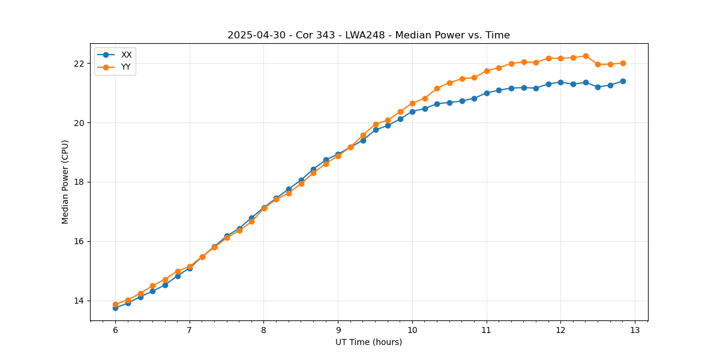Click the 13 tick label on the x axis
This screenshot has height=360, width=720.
[x=635, y=330]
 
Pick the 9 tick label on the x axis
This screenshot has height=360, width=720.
[x=338, y=330]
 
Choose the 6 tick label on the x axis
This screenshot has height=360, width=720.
[x=115, y=330]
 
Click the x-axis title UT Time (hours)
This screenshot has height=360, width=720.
[x=368, y=342]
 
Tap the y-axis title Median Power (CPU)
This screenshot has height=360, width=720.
[x=65, y=182]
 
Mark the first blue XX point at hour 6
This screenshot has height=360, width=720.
[x=115, y=308]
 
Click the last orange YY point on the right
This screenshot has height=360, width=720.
[x=623, y=63]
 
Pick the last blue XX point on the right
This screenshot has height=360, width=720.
[x=623, y=81]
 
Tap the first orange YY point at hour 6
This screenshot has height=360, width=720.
[x=115, y=304]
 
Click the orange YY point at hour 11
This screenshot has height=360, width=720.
[x=487, y=71]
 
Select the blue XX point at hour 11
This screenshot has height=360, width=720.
[x=487, y=93]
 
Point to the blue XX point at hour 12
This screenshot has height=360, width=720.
[x=560, y=82]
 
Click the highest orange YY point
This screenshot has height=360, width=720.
[x=586, y=56]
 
